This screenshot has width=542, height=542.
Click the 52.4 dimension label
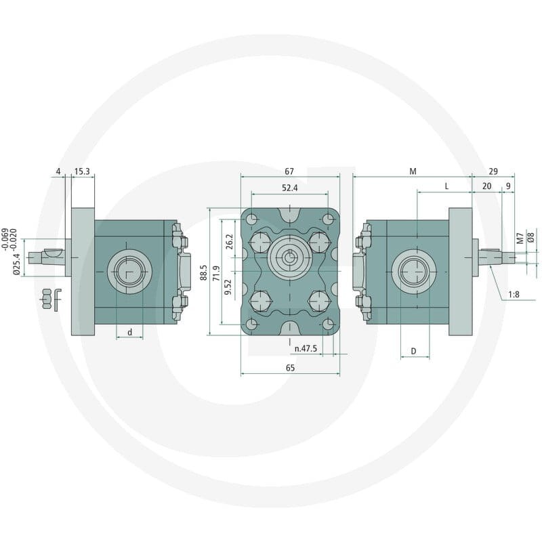[290, 188]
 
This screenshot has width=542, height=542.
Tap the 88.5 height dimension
[204, 273]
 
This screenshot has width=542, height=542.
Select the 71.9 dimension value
[216, 273]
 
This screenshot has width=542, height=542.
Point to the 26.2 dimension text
[229, 242]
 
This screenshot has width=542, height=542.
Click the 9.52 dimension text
[228, 287]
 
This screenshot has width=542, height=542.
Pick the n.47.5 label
[306, 348]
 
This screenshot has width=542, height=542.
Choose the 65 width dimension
[291, 368]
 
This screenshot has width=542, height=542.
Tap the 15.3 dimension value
[82, 171]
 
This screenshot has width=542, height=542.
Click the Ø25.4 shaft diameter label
[16, 264]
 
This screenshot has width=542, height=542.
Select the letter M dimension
[413, 171]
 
